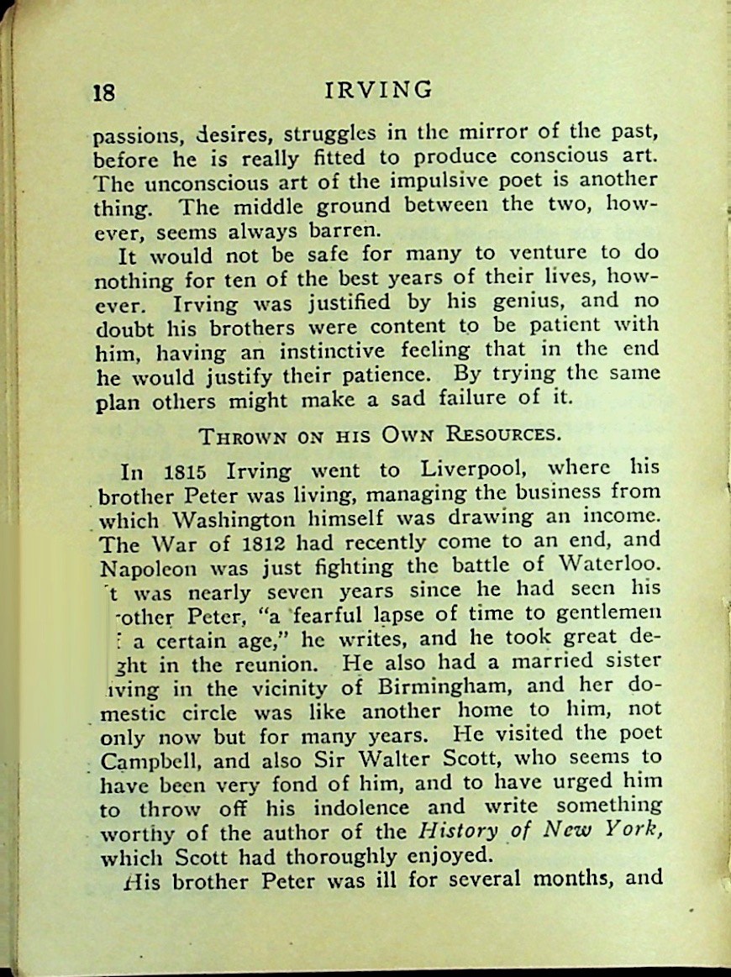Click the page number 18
(x=104, y=92)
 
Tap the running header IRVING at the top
(x=380, y=89)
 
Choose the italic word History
(x=457, y=832)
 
